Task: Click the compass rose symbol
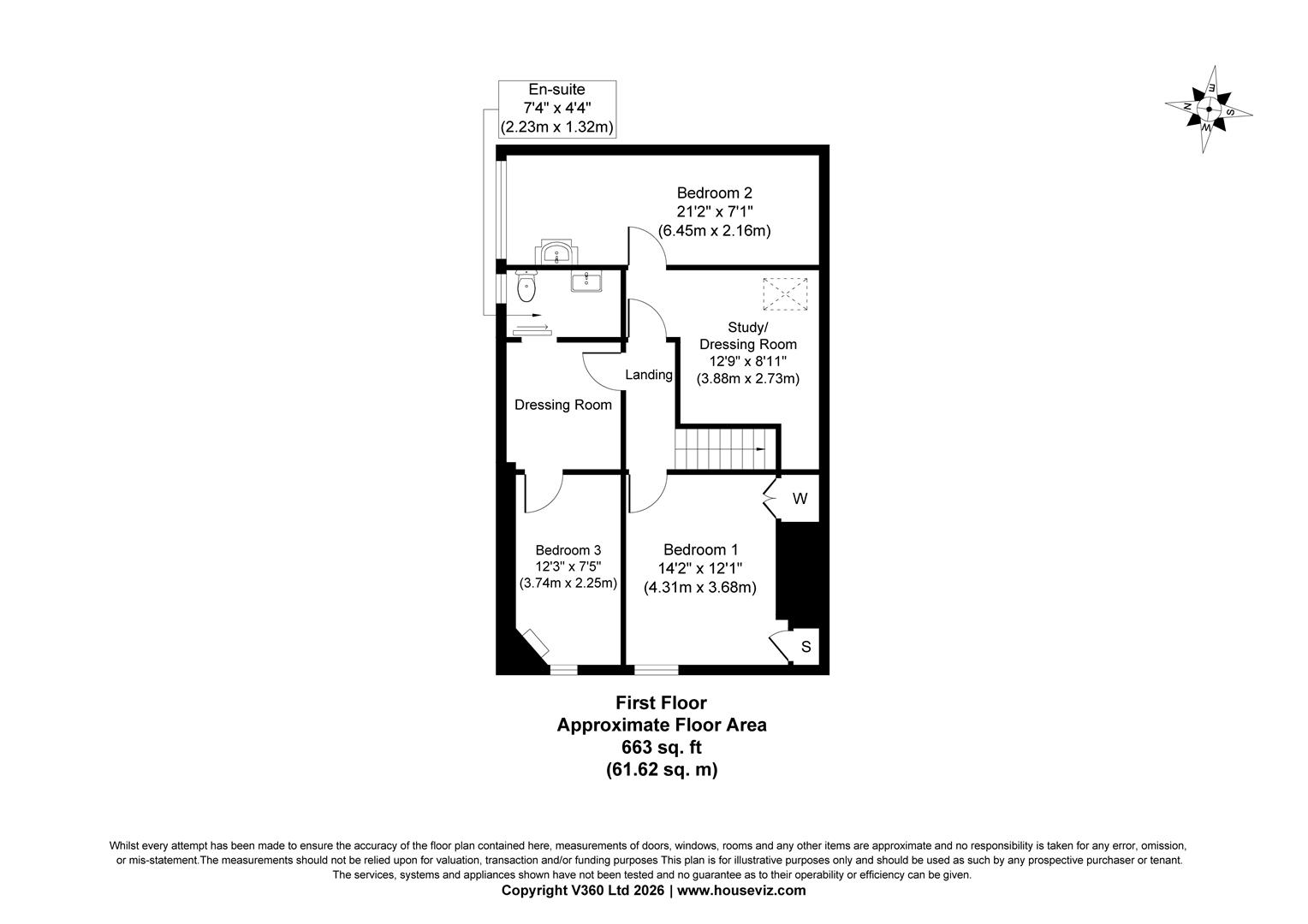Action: coord(1208,110)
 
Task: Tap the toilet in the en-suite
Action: coord(526,287)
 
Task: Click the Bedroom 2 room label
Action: coord(714,192)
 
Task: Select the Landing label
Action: coord(649,375)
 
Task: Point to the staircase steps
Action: coord(720,449)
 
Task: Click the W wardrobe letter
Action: coord(800,499)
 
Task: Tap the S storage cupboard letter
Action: coord(806,647)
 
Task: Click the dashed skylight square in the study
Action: coord(785,294)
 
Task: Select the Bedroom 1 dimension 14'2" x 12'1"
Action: coord(700,569)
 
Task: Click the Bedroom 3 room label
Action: coord(568,550)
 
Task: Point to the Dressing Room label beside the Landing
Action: coord(563,405)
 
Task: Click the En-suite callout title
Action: coord(556,89)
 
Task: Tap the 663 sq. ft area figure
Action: coord(662,747)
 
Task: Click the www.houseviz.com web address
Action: coord(741,890)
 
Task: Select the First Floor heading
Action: coord(662,702)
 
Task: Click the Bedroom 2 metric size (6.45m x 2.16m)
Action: coord(714,230)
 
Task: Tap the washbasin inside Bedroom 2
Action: coord(556,252)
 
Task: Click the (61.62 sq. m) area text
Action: coord(662,770)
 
